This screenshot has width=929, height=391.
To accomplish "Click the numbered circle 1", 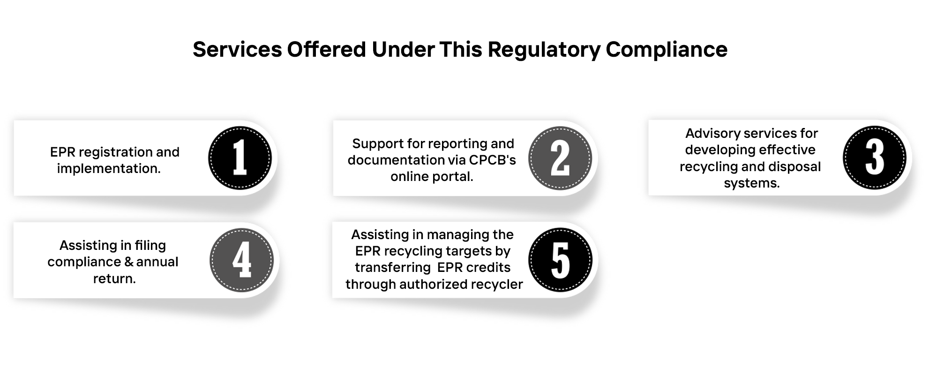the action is click(x=240, y=158).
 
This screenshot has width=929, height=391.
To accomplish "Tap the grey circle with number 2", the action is click(x=560, y=158).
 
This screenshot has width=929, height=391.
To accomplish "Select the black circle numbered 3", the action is click(x=875, y=158).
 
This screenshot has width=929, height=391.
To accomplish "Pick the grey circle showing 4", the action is click(x=241, y=260).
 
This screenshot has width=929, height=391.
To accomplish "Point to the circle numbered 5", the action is click(x=561, y=260).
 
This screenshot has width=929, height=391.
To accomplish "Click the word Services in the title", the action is click(x=237, y=49).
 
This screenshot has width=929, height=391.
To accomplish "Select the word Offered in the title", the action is click(x=327, y=49).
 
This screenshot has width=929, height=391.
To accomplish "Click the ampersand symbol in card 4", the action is click(x=129, y=262).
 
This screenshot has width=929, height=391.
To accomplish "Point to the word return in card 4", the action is click(x=113, y=278).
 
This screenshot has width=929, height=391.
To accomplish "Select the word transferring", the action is click(x=392, y=268).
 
